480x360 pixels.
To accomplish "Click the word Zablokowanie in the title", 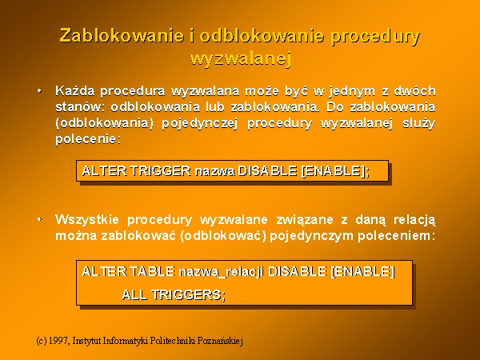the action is pos(122,36).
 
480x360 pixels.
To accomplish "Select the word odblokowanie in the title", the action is pos(262,36).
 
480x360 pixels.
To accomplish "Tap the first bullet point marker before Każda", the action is pos(39,91).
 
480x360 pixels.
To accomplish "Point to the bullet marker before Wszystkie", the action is pos(39,219).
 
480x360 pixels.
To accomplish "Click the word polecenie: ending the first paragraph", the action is pos(88,139).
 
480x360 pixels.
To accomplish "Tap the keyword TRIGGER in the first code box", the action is pos(161,171).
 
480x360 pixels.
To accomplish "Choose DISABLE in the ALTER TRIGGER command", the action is pos(267,171).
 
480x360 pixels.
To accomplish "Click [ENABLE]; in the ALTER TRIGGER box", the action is pos(336,171).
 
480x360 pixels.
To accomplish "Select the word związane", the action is pos(305,221).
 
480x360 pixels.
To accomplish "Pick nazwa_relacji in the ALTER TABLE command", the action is pos(221,272).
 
